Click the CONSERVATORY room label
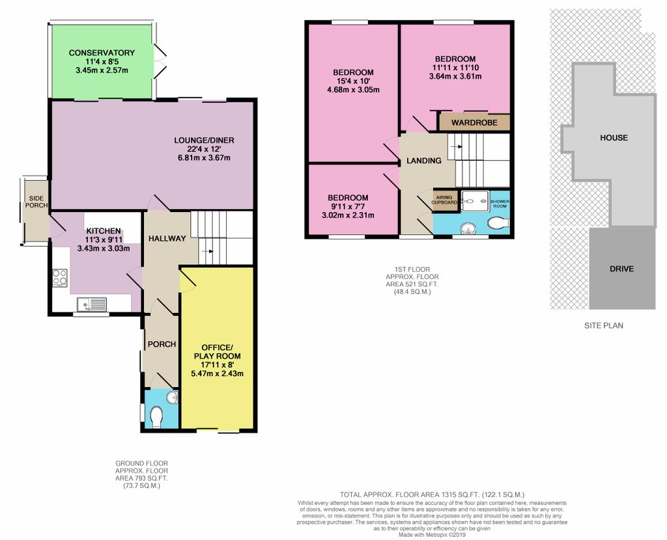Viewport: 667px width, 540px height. pos(102,53)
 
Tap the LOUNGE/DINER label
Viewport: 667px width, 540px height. pos(204,140)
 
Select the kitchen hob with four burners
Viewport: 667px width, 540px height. pos(60,277)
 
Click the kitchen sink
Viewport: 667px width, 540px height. pos(92,304)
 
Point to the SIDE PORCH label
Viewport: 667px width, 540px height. pos(36,202)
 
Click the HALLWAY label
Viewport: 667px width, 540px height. pos(167,238)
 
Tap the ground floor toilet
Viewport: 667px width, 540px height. pos(156,417)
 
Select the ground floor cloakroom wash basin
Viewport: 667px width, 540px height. pos(172,398)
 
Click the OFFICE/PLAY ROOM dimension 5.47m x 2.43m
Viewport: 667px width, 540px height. pos(218,374)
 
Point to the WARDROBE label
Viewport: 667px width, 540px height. pos(474,123)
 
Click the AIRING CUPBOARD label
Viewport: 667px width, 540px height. pos(444,200)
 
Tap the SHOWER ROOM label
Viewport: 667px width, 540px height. pos(500,204)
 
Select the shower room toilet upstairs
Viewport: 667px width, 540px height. pos(498,223)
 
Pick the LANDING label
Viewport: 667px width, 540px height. pos(423,161)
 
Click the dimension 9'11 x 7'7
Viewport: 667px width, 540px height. pos(348,206)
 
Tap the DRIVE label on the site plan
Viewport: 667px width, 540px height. pos(621,269)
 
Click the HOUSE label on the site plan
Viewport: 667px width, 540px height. pos(614,138)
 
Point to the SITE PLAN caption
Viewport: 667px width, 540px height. pos(604,325)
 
